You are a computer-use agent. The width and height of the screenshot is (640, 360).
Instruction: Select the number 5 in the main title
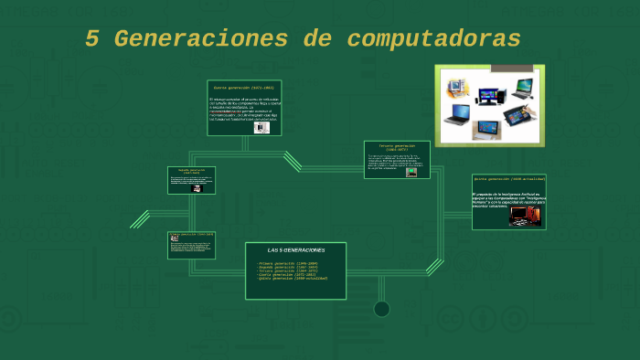click(92, 39)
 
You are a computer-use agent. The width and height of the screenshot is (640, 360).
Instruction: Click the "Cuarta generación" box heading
click(244, 88)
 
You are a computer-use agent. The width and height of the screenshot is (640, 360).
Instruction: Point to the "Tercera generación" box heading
click(397, 146)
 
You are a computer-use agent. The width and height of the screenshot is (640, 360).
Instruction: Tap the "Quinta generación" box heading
click(509, 179)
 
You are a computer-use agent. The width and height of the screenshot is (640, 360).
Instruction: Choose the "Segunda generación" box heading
click(191, 171)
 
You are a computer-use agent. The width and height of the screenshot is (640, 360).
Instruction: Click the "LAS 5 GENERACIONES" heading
click(295, 249)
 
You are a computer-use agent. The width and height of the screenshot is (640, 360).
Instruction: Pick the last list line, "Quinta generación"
click(293, 279)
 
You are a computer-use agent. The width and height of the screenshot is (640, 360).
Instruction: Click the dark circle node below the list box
click(381, 309)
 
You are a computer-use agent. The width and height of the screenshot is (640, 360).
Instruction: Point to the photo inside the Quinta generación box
click(523, 217)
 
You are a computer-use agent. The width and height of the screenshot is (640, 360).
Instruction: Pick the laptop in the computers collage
click(459, 115)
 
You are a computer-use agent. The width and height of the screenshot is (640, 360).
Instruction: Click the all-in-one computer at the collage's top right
click(522, 88)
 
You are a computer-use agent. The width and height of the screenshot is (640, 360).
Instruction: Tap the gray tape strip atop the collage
click(517, 68)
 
